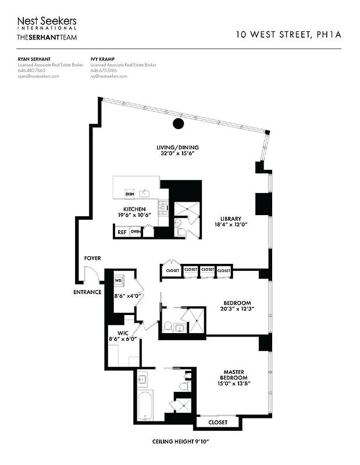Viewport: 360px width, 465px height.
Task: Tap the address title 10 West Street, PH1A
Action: (288, 34)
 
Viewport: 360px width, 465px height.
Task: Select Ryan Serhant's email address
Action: (38, 76)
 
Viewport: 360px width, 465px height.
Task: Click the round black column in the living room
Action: (179, 123)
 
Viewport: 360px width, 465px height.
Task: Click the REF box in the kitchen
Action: (122, 232)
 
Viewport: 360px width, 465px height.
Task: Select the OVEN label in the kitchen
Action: (136, 232)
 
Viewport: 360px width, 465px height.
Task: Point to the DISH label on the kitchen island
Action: (130, 194)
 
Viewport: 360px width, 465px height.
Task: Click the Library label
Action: (230, 219)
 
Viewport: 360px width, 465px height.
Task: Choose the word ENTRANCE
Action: (87, 292)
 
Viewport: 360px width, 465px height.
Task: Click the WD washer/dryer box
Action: (118, 280)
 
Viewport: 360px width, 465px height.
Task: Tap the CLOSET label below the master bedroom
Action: (218, 423)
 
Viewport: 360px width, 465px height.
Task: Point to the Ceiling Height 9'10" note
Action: (180, 443)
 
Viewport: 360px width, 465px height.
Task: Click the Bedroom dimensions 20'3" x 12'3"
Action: (237, 309)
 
